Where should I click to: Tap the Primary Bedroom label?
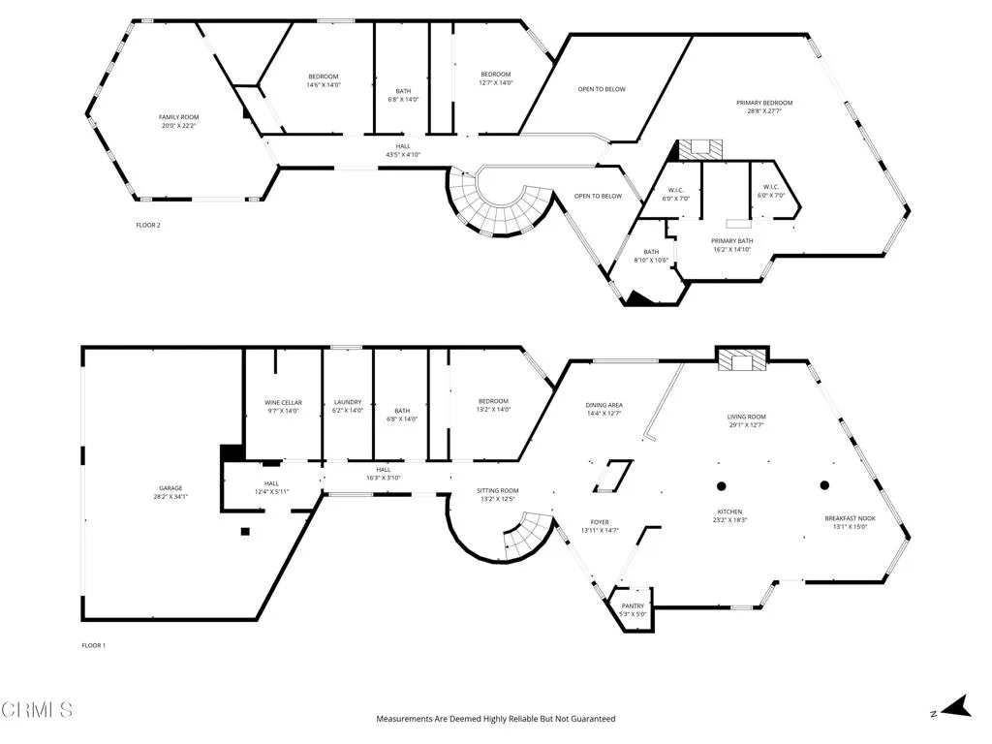coord(770,103)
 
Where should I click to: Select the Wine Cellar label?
coord(284,402)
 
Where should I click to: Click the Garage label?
coord(170,488)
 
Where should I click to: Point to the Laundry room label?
coord(348,402)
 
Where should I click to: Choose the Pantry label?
coord(633,606)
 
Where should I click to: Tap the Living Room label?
coord(748,417)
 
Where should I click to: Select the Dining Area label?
coord(604,405)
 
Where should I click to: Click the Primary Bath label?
coord(731,241)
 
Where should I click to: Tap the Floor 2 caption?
coord(147,225)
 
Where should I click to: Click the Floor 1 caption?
coord(93,645)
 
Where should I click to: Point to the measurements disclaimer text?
coord(495,719)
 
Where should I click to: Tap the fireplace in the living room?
coord(742,359)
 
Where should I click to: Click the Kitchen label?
coord(730,511)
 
